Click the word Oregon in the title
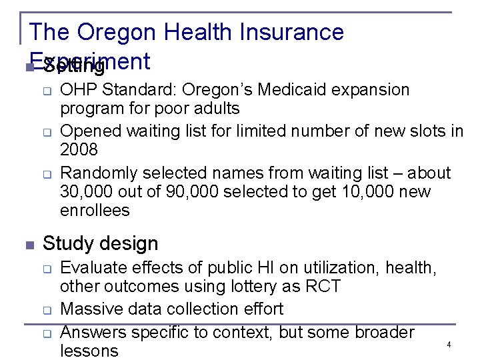coord(115,32)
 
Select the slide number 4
coord(449,345)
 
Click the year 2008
coord(79,149)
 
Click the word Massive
coord(87,309)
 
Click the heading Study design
coord(100,243)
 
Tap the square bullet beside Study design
coord(29,245)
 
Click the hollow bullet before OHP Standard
coord(48,91)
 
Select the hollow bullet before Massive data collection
coord(48,310)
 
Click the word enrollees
coord(95,211)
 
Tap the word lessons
coord(89,351)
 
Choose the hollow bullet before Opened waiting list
coord(48,132)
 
